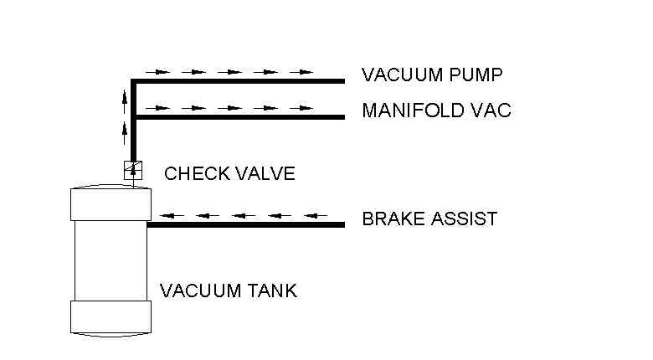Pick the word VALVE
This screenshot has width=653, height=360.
265,174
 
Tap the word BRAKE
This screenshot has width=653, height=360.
389,219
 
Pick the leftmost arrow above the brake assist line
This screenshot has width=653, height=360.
171,215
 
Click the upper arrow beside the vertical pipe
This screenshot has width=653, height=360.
125,99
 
